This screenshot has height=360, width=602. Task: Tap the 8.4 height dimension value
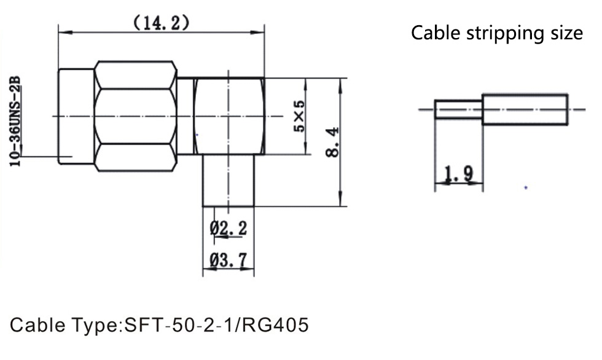click(x=332, y=142)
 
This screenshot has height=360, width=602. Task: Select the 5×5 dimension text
click(x=299, y=116)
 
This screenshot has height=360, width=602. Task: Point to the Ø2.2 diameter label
click(x=229, y=229)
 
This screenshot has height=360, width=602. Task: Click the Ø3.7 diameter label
click(x=229, y=260)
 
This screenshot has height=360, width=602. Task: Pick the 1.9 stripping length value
click(x=459, y=173)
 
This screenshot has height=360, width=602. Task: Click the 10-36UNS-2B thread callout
click(x=15, y=121)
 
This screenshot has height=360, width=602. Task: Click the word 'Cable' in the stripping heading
click(x=436, y=33)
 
